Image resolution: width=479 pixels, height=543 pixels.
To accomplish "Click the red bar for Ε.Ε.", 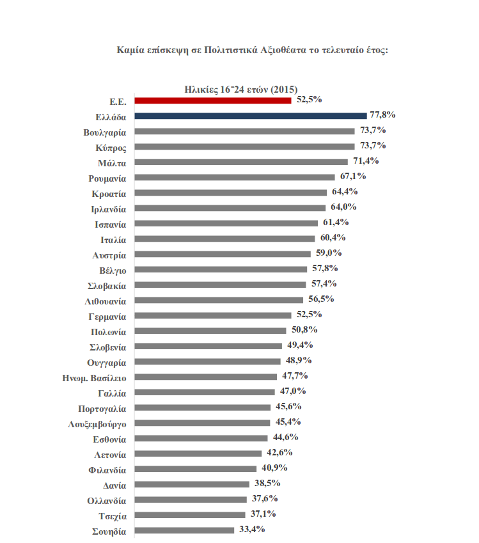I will (x=213, y=100).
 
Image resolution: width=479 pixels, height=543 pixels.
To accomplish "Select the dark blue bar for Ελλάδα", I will (x=251, y=116).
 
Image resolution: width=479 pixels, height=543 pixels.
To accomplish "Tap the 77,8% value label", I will (x=383, y=115).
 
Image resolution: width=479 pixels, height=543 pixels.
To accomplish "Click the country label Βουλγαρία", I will (x=105, y=132).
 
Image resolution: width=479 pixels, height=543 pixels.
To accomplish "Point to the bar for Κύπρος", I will (x=244, y=146).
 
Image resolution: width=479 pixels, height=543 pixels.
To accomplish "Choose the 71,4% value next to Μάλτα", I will (x=366, y=161).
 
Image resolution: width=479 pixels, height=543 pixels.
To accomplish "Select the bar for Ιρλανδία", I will (x=229, y=208).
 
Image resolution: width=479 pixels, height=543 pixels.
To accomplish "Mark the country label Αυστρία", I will (x=109, y=255).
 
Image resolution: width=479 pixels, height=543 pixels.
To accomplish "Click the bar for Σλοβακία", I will (x=220, y=285).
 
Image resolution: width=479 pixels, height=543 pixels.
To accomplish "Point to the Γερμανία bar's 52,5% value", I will (x=308, y=314).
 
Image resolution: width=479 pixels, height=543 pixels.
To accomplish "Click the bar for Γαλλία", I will (x=203, y=392).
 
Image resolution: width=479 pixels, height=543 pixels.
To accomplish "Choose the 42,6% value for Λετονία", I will (x=279, y=452).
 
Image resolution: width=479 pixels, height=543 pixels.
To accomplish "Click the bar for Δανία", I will (x=191, y=484).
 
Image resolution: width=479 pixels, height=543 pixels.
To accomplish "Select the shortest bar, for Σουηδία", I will (x=184, y=530).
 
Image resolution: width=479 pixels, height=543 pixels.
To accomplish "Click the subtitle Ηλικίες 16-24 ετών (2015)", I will (x=240, y=89).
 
